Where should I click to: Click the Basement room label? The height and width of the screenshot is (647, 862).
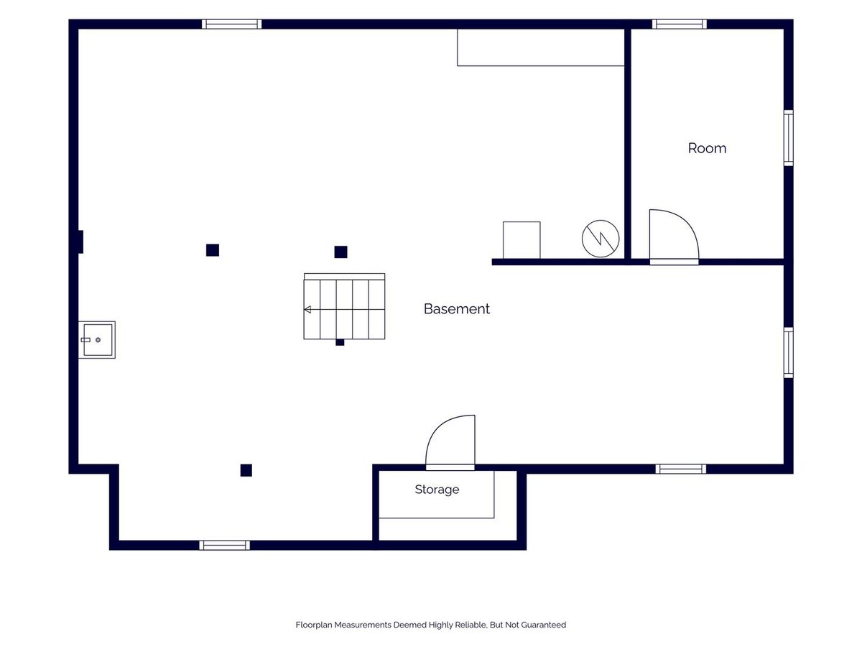coord(456,309)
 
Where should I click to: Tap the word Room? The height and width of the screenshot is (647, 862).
coord(707,148)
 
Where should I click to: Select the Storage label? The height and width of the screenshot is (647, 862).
coord(437,490)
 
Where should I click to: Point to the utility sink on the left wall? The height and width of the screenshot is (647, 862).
coord(96,340)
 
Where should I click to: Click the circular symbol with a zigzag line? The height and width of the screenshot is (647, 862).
coord(601,239)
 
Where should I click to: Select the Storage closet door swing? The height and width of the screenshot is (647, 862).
coord(450,442)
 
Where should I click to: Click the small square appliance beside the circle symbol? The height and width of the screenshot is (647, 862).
coord(522,240)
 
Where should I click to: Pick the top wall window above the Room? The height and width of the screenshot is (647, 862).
coord(680,24)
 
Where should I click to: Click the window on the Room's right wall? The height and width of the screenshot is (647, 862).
coord(789,138)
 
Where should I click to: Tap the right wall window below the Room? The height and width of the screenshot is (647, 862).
coord(789,353)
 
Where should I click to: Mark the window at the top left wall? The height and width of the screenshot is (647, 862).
coord(232,24)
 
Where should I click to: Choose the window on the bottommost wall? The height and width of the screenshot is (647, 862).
coord(225,545)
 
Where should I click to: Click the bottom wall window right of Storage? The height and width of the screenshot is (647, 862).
coord(680,469)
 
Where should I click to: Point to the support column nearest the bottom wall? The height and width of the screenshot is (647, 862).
coord(246,470)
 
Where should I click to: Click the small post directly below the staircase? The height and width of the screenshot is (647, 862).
coord(340,342)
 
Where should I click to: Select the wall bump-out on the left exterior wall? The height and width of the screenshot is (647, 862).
coord(80,242)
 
